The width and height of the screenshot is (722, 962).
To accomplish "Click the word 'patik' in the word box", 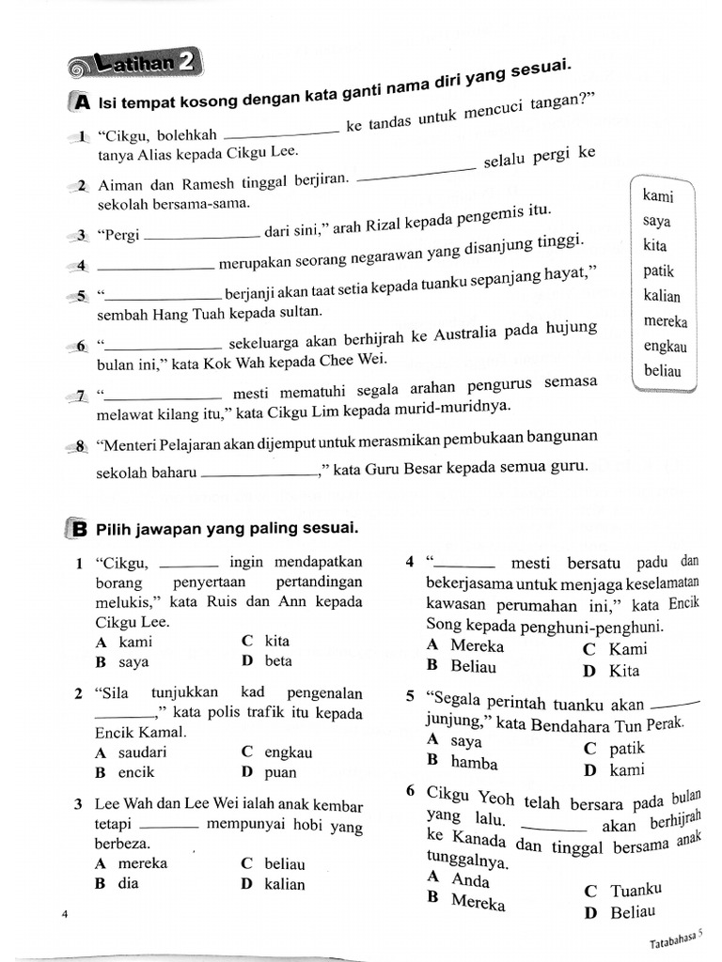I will point(659,272).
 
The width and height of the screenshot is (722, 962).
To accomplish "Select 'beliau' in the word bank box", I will point(664,371).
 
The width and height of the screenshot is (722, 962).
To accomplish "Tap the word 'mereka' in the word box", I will point(666,321).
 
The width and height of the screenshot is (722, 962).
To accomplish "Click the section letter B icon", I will point(80,529).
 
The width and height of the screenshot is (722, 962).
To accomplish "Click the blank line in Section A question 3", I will point(204,235).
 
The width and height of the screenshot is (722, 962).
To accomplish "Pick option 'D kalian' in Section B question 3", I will point(274,884).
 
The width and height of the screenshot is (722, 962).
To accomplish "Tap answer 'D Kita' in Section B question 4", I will point(612,671).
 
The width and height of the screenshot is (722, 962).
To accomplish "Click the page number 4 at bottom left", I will point(64,914).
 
